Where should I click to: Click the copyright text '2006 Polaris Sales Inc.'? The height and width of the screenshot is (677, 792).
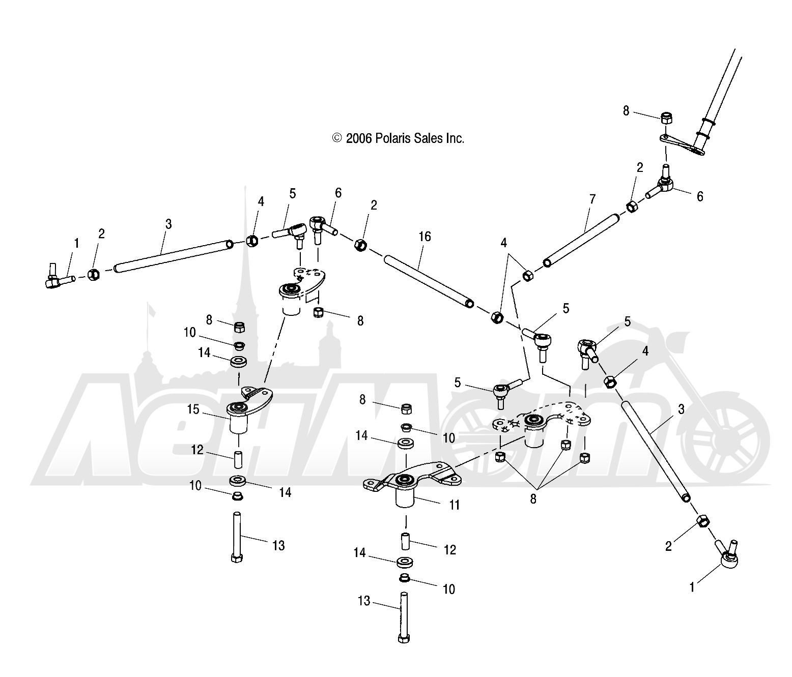click(x=405, y=138)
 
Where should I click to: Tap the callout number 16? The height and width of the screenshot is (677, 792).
click(x=425, y=237)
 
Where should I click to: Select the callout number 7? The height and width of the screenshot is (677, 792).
click(x=592, y=199)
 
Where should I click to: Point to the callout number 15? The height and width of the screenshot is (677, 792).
click(x=193, y=409)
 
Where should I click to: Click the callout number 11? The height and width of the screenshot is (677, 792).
click(x=455, y=505)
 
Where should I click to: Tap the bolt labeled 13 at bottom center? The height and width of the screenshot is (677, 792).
click(x=404, y=617)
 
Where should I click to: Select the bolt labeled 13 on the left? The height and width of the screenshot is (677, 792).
click(x=237, y=537)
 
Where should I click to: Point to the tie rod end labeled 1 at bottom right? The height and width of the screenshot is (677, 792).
click(x=728, y=555)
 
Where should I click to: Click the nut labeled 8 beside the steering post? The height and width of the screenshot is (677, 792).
click(x=667, y=118)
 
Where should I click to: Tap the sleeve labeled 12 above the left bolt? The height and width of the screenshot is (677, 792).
click(x=238, y=459)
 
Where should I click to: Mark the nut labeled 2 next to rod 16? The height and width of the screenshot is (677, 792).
click(x=360, y=245)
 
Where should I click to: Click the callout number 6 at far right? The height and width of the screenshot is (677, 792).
click(x=700, y=196)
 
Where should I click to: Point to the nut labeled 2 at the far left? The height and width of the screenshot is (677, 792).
click(x=93, y=274)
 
